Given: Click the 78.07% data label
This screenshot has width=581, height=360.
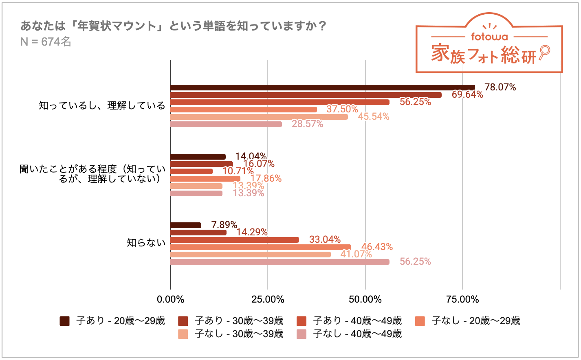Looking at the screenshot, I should click(x=500, y=87).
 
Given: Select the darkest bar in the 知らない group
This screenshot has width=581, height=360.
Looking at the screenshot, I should click(x=186, y=225).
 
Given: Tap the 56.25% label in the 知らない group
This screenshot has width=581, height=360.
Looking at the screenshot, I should click(x=415, y=261).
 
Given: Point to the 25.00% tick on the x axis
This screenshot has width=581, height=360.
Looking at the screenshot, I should click(x=268, y=300).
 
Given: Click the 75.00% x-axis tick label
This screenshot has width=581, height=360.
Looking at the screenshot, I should click(x=462, y=300).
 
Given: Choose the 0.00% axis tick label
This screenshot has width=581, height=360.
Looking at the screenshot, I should click(x=170, y=300).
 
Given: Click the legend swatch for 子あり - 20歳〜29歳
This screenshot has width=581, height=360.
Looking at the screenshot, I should click(x=64, y=321).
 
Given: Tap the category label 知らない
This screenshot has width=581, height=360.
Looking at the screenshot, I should click(x=146, y=243).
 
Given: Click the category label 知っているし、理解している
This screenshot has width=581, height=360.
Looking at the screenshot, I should click(x=102, y=106).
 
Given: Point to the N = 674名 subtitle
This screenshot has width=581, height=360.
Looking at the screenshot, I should click(x=46, y=42).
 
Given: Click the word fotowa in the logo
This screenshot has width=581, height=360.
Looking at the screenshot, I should click(x=489, y=37).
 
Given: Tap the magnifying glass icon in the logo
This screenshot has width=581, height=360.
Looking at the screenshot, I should click(x=544, y=52).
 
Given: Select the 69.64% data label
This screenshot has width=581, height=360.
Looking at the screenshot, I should click(x=467, y=94).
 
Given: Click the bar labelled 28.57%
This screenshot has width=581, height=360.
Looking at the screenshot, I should click(x=226, y=124).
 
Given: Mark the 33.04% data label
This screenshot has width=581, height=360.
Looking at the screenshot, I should click(x=325, y=239).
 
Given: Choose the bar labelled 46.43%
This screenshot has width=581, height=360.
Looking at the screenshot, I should click(x=261, y=247).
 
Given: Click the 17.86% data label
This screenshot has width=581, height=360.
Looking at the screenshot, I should click(x=266, y=178).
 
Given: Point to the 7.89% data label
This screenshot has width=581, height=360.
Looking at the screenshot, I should click(x=224, y=225).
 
